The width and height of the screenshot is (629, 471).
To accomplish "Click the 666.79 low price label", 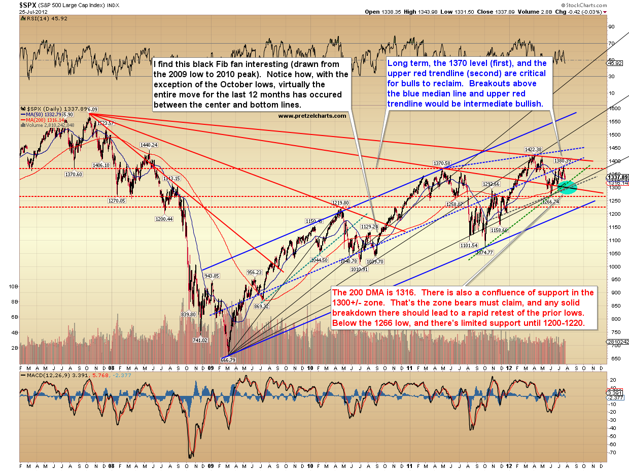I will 229,359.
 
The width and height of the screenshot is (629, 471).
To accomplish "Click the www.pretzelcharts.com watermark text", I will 312,116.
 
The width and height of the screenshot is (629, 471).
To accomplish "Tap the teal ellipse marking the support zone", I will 567,188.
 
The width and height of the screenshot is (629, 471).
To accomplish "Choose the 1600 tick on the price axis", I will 614,109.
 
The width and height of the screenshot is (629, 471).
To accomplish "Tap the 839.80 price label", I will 188,315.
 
